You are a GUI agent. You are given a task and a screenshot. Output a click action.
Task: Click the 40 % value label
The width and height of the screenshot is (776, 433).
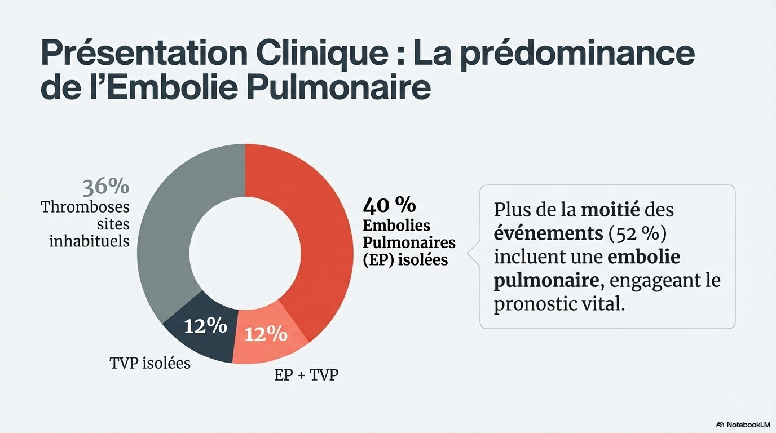pyautogui.click(x=390, y=204)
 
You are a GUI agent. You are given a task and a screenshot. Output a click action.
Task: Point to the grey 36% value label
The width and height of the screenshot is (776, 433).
pyautogui.click(x=106, y=187)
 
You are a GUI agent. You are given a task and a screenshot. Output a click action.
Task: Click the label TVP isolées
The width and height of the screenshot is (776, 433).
pyautogui.click(x=150, y=363)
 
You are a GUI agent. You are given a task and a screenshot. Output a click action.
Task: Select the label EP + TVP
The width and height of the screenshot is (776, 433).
pyautogui.click(x=306, y=374)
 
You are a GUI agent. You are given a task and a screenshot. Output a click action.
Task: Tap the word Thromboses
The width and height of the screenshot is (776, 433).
pyautogui.click(x=85, y=207)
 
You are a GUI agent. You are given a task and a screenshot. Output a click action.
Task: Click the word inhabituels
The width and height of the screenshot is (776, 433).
pyautogui.click(x=89, y=241)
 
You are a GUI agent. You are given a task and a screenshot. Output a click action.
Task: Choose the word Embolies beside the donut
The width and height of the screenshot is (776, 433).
pyautogui.click(x=396, y=226)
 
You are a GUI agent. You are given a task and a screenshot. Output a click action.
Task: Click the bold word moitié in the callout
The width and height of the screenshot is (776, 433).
pyautogui.click(x=610, y=210)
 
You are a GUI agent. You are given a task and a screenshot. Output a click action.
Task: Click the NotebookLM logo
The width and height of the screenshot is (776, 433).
pyautogui.click(x=743, y=424)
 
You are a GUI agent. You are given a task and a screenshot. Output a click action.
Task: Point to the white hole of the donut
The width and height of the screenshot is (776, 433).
pyautogui.click(x=245, y=254)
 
